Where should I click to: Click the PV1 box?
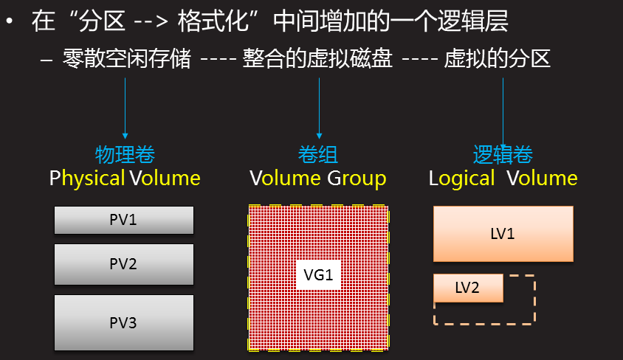(x=124, y=220)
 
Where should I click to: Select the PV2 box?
(x=124, y=263)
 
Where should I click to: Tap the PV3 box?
(x=124, y=322)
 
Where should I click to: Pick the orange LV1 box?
(x=503, y=234)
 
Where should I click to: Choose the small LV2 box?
(x=468, y=288)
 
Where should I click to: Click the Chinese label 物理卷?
(x=125, y=155)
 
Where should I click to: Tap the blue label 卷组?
(x=318, y=155)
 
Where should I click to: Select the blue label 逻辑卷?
(x=503, y=155)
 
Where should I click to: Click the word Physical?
(x=87, y=179)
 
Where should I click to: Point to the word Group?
(x=357, y=179)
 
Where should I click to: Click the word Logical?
(x=462, y=179)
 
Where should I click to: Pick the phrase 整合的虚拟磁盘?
(x=317, y=59)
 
